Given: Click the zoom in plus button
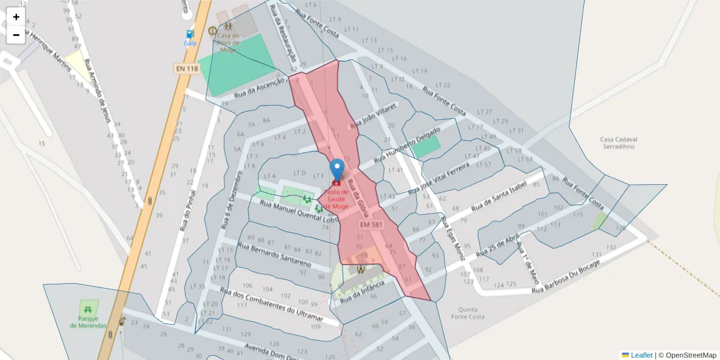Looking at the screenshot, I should tap(16, 17).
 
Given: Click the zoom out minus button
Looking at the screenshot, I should tap(16, 35).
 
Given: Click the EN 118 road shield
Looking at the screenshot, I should tap(187, 69).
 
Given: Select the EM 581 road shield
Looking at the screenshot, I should tap(371, 224).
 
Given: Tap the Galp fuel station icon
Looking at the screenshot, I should tap(190, 35).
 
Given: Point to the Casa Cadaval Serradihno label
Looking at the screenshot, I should tap(618, 143).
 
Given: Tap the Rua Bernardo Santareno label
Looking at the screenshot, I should tap(274, 254).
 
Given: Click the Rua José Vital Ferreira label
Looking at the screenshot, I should tap(437, 177).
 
